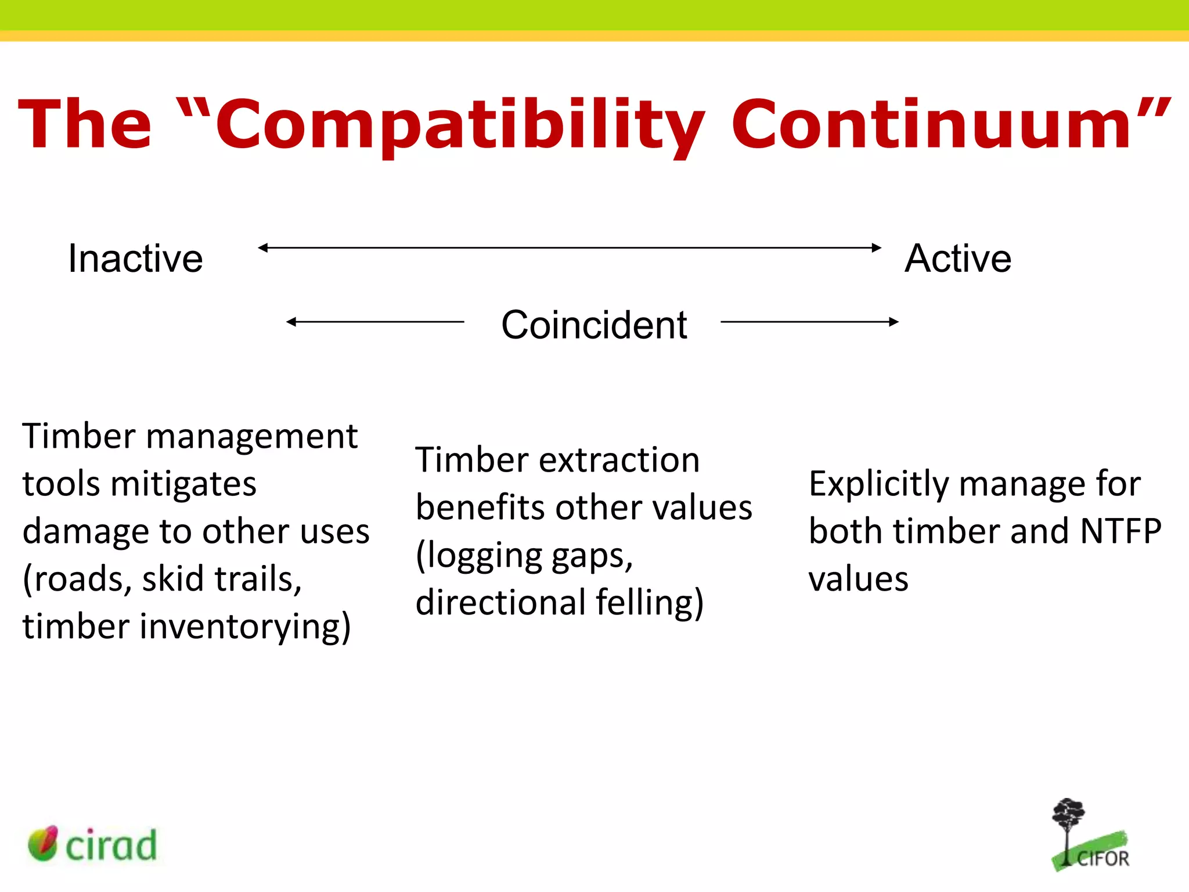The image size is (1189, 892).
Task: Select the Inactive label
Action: tap(135, 258)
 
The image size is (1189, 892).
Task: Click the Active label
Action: tap(958, 258)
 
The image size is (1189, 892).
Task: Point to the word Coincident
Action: tap(594, 325)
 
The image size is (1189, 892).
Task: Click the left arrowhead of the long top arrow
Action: tap(263, 247)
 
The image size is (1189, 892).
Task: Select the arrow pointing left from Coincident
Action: tap(374, 321)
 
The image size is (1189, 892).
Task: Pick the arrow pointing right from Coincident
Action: tap(809, 321)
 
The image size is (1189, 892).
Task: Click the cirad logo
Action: tap(93, 844)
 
